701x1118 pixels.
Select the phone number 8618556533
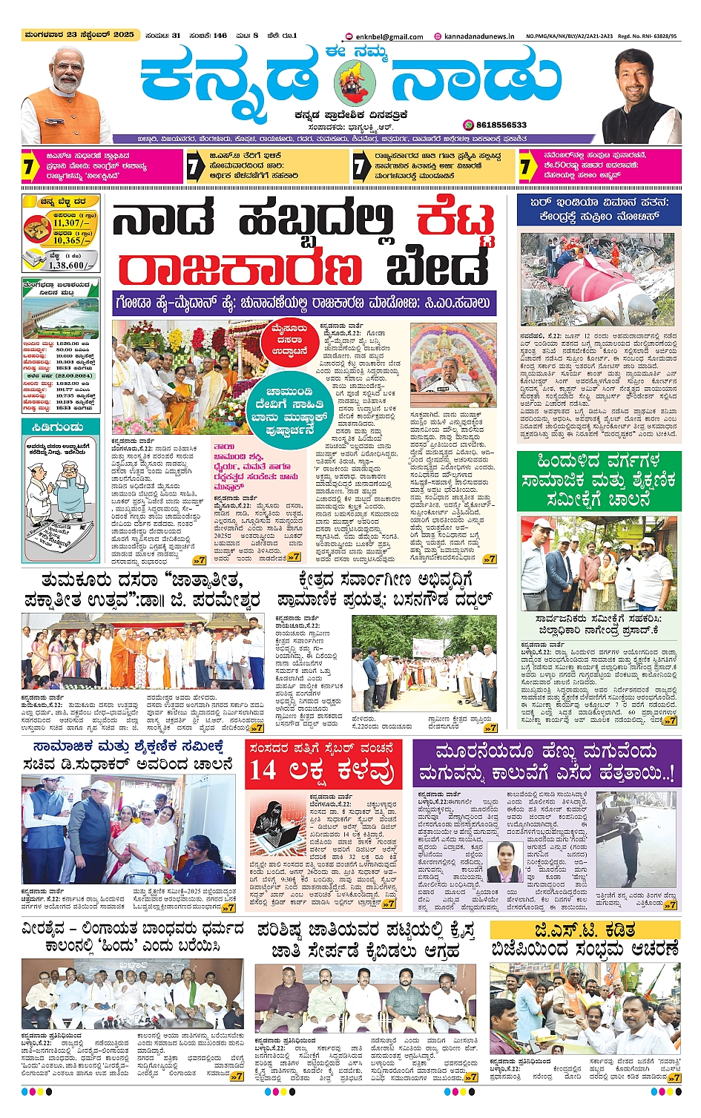point(501,125)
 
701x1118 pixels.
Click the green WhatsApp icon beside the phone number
point(469,125)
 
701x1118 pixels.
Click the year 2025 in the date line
point(124,35)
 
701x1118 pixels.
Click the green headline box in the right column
point(598,480)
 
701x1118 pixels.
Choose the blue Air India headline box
point(599,210)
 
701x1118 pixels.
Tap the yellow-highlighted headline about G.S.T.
point(585,930)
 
